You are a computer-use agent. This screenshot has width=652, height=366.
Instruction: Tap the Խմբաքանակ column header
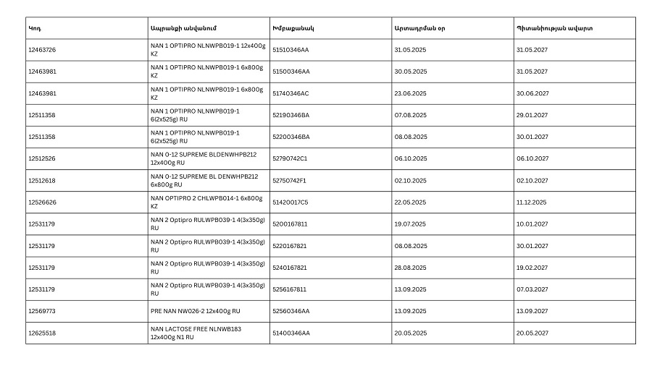(293, 28)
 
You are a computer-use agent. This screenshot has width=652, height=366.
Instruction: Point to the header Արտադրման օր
(419, 28)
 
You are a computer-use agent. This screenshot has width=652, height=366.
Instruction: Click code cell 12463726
(42, 50)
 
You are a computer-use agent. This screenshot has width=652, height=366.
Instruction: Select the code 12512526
(42, 158)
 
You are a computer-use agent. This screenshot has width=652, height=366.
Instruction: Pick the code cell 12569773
(42, 311)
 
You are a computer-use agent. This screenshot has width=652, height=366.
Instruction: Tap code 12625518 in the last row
(42, 333)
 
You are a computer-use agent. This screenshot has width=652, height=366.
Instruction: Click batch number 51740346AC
(291, 93)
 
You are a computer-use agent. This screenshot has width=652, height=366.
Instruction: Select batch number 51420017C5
(290, 203)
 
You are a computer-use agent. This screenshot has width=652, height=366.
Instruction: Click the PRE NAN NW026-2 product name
(195, 311)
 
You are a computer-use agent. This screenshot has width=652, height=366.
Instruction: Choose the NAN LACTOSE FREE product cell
(196, 333)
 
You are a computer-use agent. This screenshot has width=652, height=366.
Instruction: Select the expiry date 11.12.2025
(531, 203)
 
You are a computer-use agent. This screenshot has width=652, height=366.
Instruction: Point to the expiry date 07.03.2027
(532, 289)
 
